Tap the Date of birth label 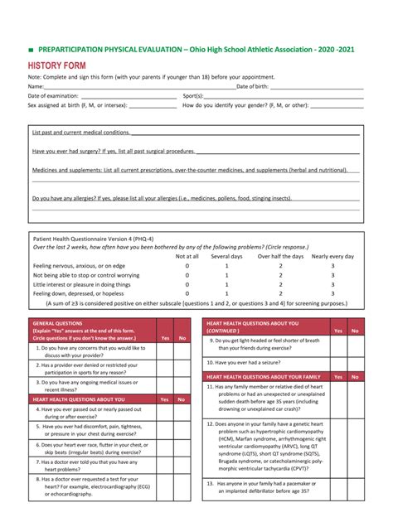tap(252, 85)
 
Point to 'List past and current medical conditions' tap(80, 132)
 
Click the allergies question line tap(162, 198)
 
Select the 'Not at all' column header tap(187, 256)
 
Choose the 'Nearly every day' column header tap(332, 256)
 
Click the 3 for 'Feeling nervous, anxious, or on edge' tap(332, 266)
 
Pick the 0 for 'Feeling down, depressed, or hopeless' tap(187, 293)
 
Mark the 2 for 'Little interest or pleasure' tap(280, 284)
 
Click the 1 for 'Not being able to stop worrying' tap(226, 275)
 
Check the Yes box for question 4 tap(165, 411)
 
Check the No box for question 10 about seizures tap(355, 362)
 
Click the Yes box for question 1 tap(165, 353)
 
